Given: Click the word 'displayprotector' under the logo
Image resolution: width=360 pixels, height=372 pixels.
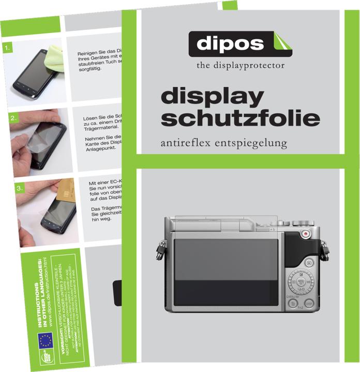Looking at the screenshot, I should click(254, 66).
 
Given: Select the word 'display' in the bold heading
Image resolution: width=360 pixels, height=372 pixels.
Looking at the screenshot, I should click(213, 98).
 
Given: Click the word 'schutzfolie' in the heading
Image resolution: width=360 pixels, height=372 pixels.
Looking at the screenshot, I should click(240, 118).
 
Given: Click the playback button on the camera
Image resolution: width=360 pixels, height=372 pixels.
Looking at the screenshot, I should click(309, 262).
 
